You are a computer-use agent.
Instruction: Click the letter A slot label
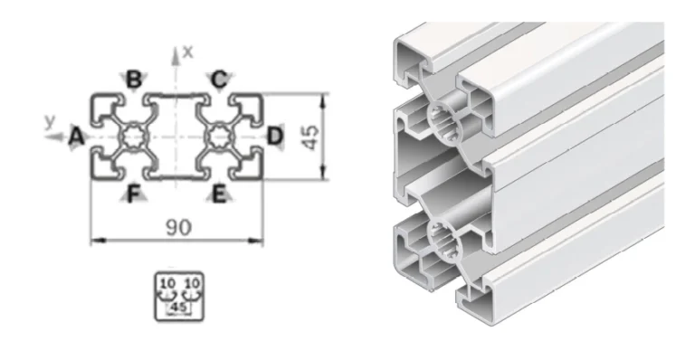tap(77, 137)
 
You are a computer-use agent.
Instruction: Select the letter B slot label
tap(133, 81)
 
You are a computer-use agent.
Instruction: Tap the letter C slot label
tap(218, 81)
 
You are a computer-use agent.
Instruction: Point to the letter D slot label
tap(275, 137)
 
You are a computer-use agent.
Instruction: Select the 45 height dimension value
tap(310, 137)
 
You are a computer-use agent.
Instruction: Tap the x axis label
tap(188, 52)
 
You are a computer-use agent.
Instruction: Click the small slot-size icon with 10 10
tap(177, 293)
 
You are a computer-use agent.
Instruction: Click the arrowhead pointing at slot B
tap(122, 76)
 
